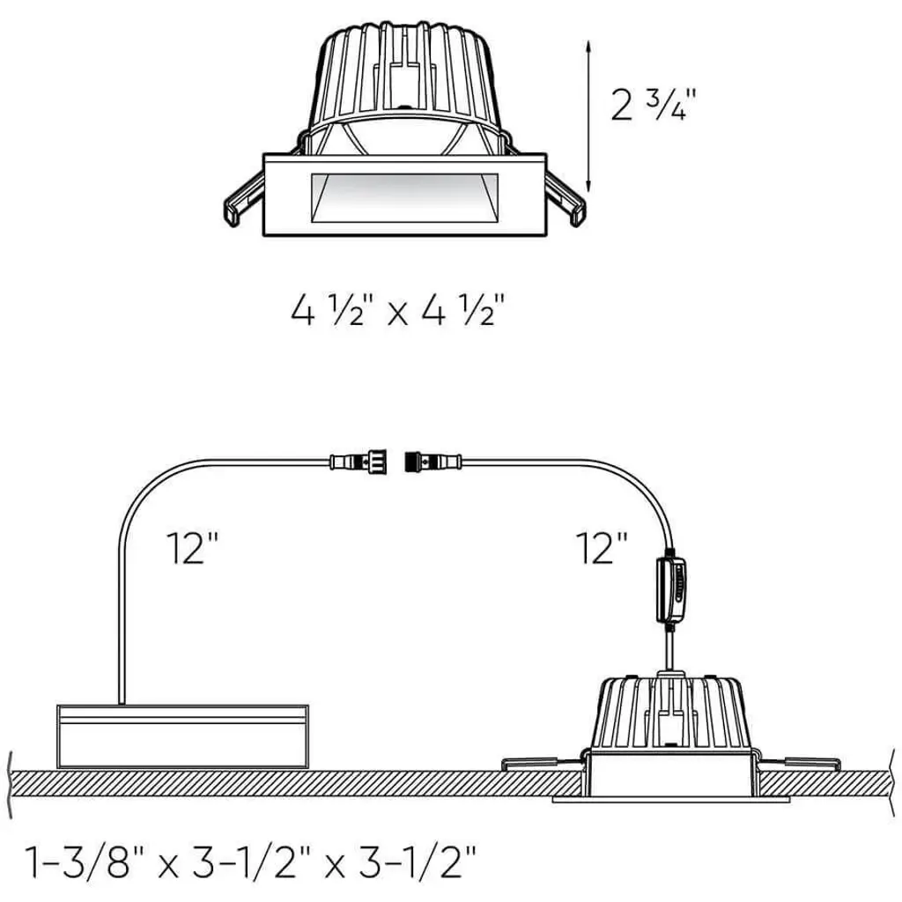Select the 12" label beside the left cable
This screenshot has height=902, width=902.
(193, 548)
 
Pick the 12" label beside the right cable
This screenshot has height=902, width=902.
(602, 548)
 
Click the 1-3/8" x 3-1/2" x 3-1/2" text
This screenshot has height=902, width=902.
(251, 861)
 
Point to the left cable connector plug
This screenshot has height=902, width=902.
(358, 462)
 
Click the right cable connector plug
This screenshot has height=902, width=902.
(433, 462)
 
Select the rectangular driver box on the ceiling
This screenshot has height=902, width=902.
(183, 736)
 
